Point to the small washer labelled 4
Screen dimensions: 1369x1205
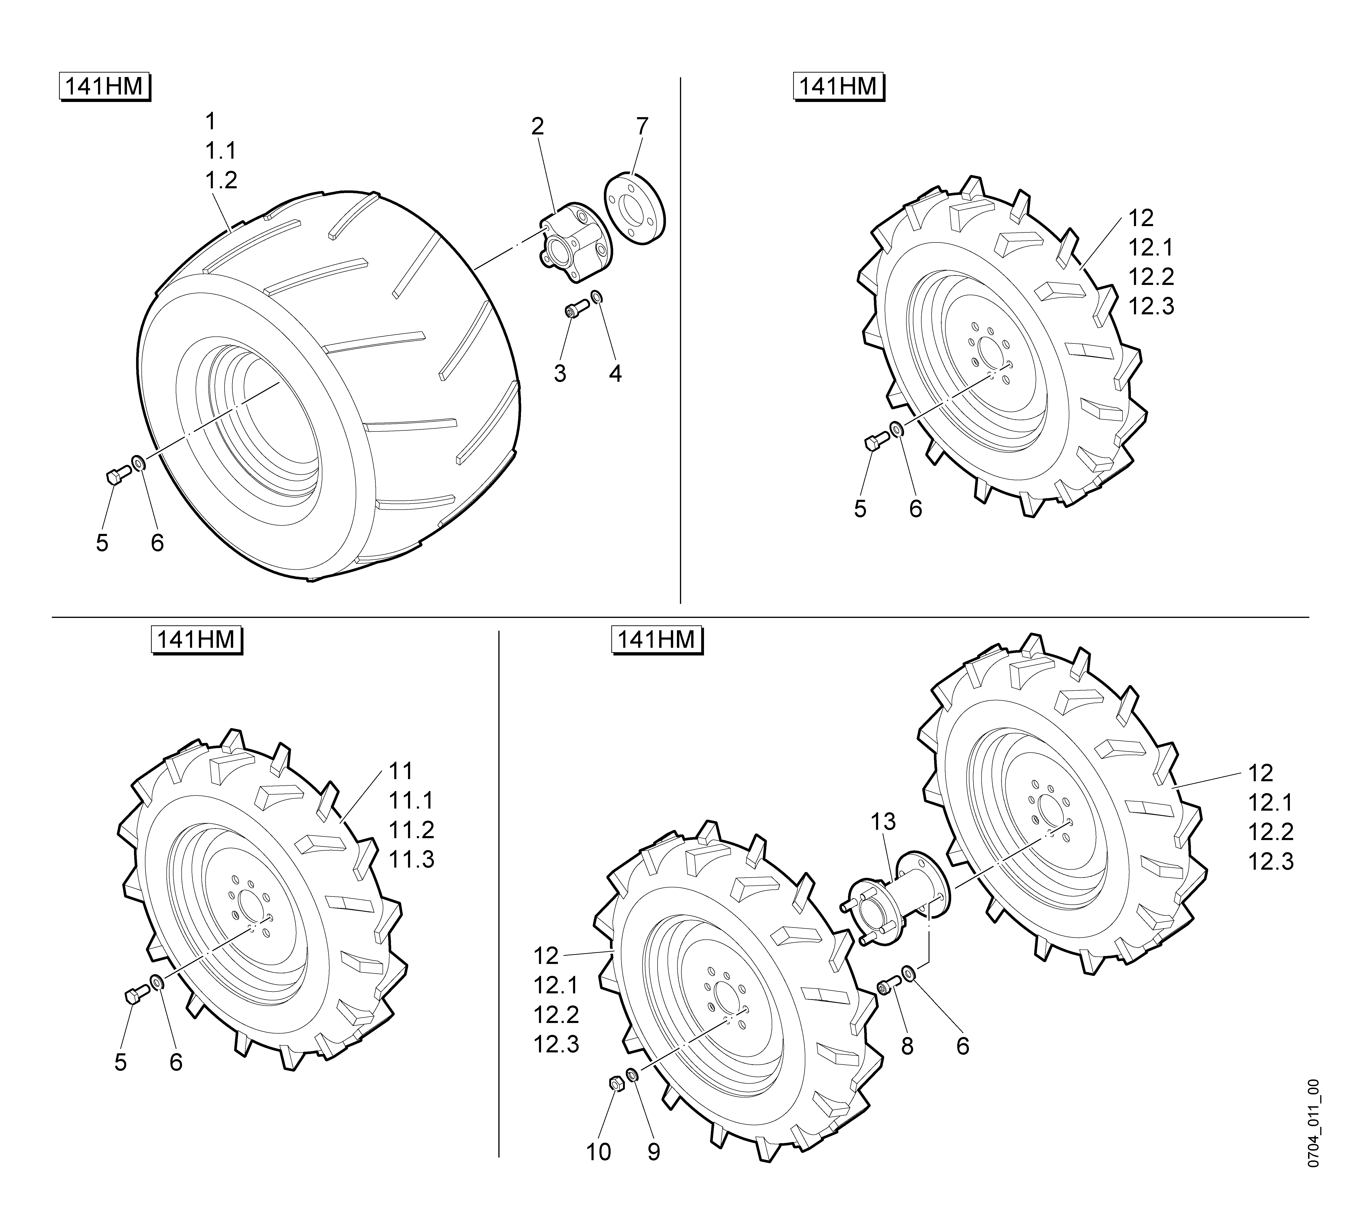596,297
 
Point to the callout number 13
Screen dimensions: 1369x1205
883,821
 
